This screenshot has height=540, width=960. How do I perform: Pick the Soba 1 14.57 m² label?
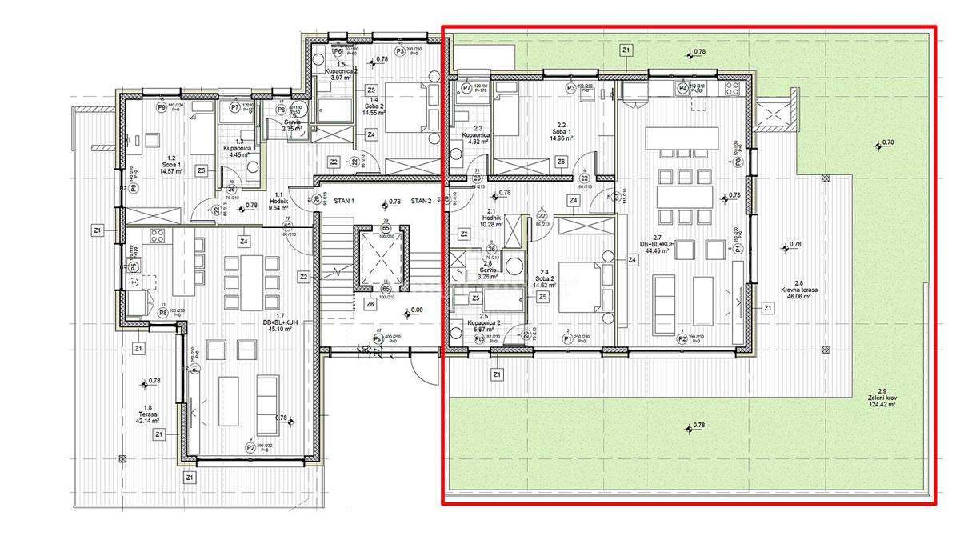pos(173,165)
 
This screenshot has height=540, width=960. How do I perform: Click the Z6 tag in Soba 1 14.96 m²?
pos(561,162)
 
